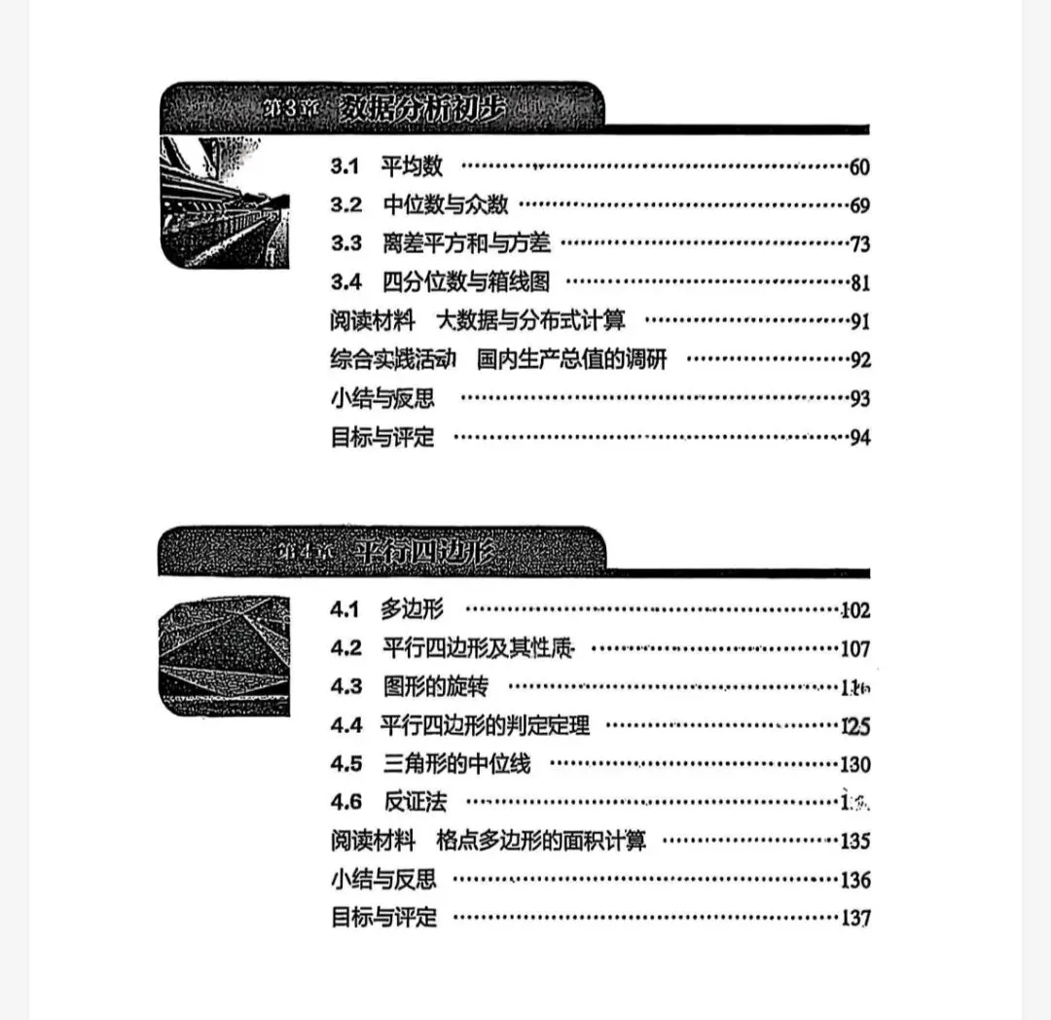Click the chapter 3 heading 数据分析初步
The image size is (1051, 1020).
(x=424, y=109)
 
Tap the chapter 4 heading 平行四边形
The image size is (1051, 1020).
(x=424, y=553)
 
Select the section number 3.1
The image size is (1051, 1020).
(x=345, y=166)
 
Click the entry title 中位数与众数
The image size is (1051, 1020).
(x=446, y=205)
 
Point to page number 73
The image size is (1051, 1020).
(x=859, y=244)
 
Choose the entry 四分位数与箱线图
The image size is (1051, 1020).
(x=466, y=282)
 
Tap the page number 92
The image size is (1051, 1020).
(x=859, y=360)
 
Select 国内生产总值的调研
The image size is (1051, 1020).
(x=572, y=359)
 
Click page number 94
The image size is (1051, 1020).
(x=859, y=437)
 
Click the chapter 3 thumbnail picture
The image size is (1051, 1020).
(x=224, y=201)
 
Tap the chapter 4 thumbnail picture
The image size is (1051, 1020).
(x=224, y=656)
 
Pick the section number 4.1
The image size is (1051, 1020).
(x=345, y=610)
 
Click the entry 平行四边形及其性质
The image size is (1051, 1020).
(x=477, y=648)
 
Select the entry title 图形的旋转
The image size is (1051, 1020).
(x=436, y=687)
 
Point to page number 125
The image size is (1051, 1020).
(x=855, y=726)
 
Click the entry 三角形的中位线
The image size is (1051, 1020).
(x=457, y=764)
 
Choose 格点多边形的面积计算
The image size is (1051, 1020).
(x=541, y=840)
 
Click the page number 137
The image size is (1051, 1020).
(x=855, y=918)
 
